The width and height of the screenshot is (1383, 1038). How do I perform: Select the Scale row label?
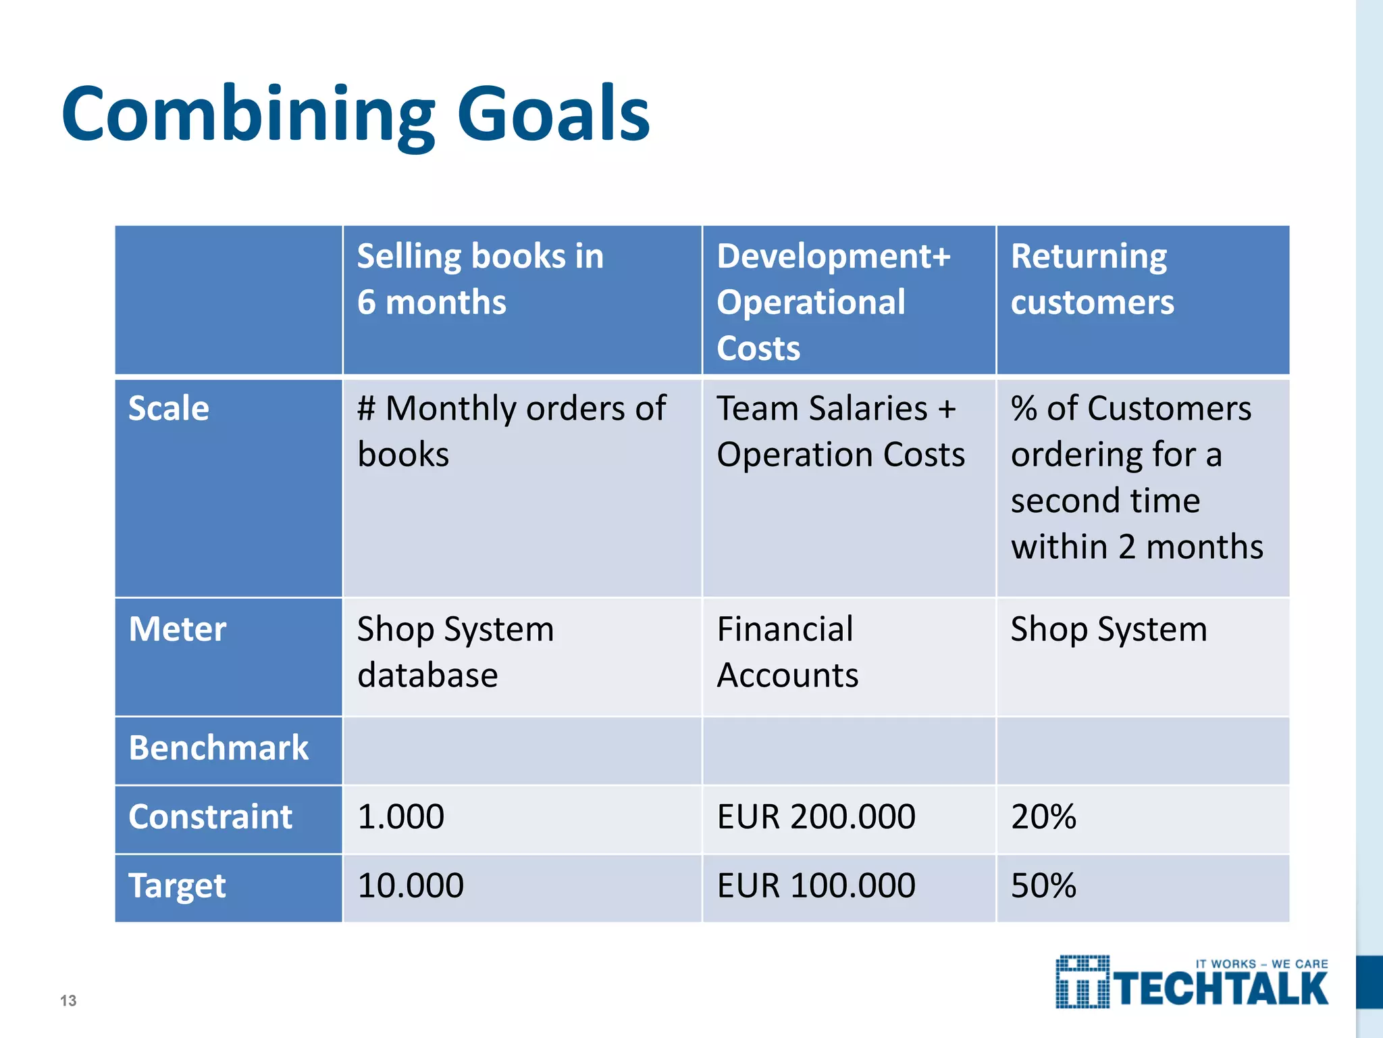(x=169, y=409)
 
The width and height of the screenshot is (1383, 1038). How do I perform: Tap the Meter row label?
(x=177, y=629)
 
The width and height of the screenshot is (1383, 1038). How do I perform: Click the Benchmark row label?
(x=218, y=748)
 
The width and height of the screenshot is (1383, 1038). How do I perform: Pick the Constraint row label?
(x=210, y=817)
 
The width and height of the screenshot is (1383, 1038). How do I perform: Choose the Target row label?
(x=177, y=886)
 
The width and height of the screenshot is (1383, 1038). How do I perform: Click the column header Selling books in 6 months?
(x=479, y=278)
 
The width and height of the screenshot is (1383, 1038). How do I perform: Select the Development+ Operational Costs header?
(x=833, y=301)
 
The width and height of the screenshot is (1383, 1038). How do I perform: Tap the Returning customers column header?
(x=1092, y=278)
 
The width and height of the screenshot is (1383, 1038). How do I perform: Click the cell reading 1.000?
(x=400, y=817)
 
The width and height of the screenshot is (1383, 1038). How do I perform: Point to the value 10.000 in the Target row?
(x=411, y=886)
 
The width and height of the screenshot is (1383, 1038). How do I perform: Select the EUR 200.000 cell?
(x=816, y=817)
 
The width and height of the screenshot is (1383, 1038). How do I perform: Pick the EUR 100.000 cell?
(x=816, y=886)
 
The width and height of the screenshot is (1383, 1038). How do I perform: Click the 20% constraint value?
(x=1043, y=817)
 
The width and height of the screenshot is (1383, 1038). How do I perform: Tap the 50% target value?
(x=1043, y=886)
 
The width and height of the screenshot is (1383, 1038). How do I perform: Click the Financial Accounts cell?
(x=787, y=652)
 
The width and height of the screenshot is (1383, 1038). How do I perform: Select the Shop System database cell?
(x=455, y=652)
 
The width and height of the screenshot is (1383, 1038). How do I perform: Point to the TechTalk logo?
(x=1192, y=983)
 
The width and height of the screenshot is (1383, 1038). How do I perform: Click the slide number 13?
(x=68, y=1001)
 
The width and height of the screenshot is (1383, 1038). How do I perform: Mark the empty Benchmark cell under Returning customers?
(x=1143, y=750)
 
